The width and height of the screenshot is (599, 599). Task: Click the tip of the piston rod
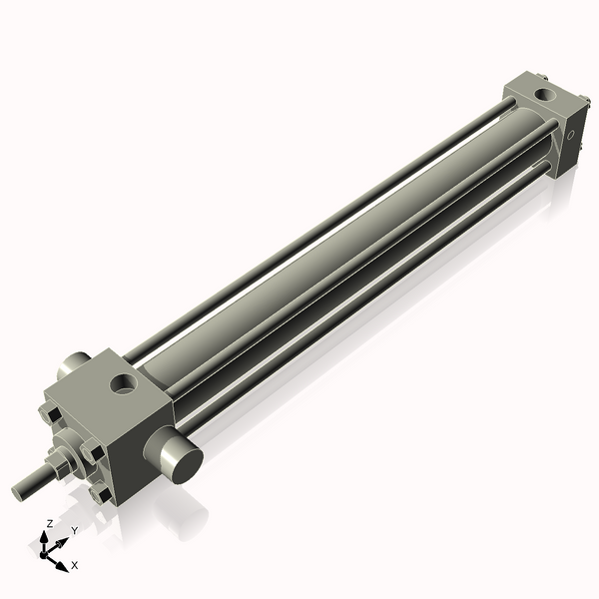[20, 490]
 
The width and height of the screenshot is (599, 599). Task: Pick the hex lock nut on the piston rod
[59, 463]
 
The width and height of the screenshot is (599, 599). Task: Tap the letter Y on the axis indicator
[74, 530]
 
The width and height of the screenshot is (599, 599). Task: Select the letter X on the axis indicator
[75, 565]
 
